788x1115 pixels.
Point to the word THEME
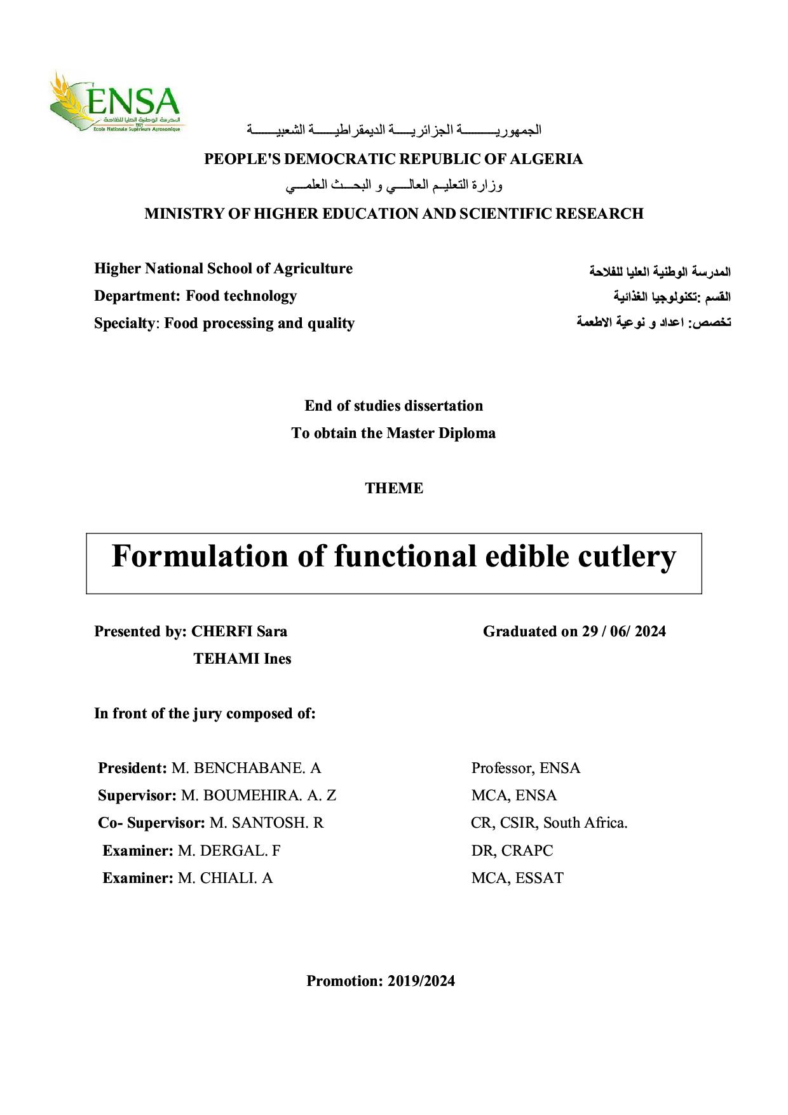[394, 488]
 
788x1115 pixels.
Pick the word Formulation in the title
[200, 556]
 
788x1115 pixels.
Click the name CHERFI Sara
[239, 631]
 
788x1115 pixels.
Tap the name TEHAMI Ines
[242, 659]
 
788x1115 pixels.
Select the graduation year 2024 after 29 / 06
[650, 631]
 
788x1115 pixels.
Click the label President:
[132, 768]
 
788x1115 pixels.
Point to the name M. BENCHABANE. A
[247, 768]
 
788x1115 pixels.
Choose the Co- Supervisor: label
[151, 823]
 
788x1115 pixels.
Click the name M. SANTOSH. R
[267, 823]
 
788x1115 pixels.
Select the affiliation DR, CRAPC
[512, 851]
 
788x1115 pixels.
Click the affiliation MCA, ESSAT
[517, 878]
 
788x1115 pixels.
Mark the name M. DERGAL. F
[229, 851]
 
